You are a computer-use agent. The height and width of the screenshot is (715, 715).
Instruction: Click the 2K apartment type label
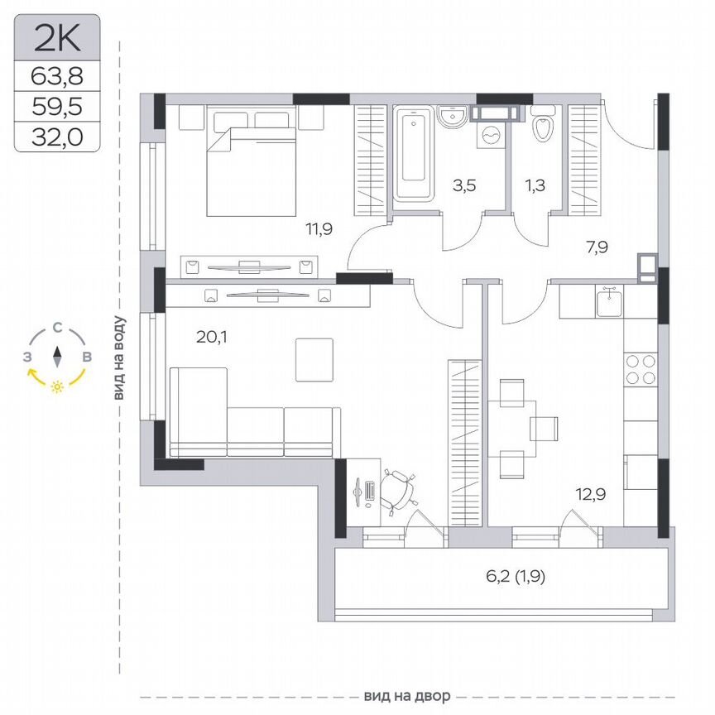coord(57,38)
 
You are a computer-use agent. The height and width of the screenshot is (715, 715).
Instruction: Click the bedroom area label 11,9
coord(318,229)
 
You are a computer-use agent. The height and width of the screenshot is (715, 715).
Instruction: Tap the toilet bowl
coord(543,128)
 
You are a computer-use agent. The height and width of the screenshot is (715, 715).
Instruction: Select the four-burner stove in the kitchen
coord(641,369)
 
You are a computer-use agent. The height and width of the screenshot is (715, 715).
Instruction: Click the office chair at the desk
coord(400,489)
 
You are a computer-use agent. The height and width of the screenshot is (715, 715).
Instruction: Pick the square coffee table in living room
coord(314,359)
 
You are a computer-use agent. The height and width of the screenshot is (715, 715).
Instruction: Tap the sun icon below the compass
coord(57,386)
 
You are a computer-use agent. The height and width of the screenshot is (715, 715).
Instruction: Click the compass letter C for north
coord(57,327)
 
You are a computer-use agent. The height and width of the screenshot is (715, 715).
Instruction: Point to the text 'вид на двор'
coord(401,696)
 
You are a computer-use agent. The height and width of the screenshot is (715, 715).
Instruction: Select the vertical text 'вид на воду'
coord(120,359)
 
